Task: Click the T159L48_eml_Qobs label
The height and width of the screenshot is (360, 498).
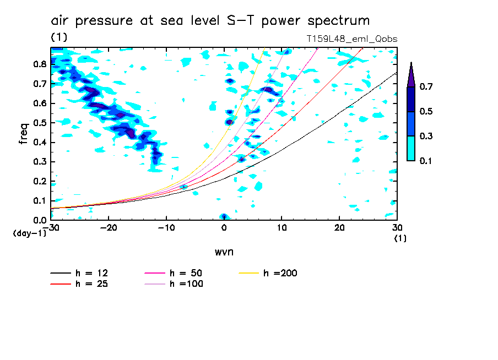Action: pyautogui.click(x=352, y=39)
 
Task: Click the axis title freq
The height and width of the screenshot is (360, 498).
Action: pyautogui.click(x=23, y=134)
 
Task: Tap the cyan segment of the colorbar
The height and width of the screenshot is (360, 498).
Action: pyautogui.click(x=411, y=148)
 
